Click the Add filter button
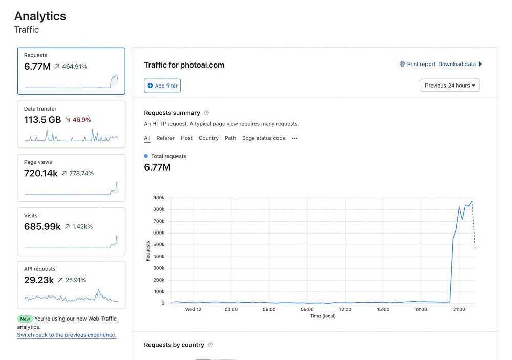click(162, 86)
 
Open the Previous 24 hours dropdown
click(450, 86)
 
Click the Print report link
click(417, 64)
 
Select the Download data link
click(457, 64)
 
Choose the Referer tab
click(165, 138)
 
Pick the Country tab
click(208, 138)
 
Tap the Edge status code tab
click(264, 138)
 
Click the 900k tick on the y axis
click(159, 198)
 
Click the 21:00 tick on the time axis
click(459, 310)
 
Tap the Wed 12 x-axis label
click(193, 310)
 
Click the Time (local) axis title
click(323, 316)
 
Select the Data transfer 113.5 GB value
click(42, 120)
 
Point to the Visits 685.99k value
click(42, 226)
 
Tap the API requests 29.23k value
click(39, 280)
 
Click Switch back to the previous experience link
click(67, 335)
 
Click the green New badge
click(25, 319)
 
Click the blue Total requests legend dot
click(146, 156)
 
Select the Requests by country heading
click(174, 345)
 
